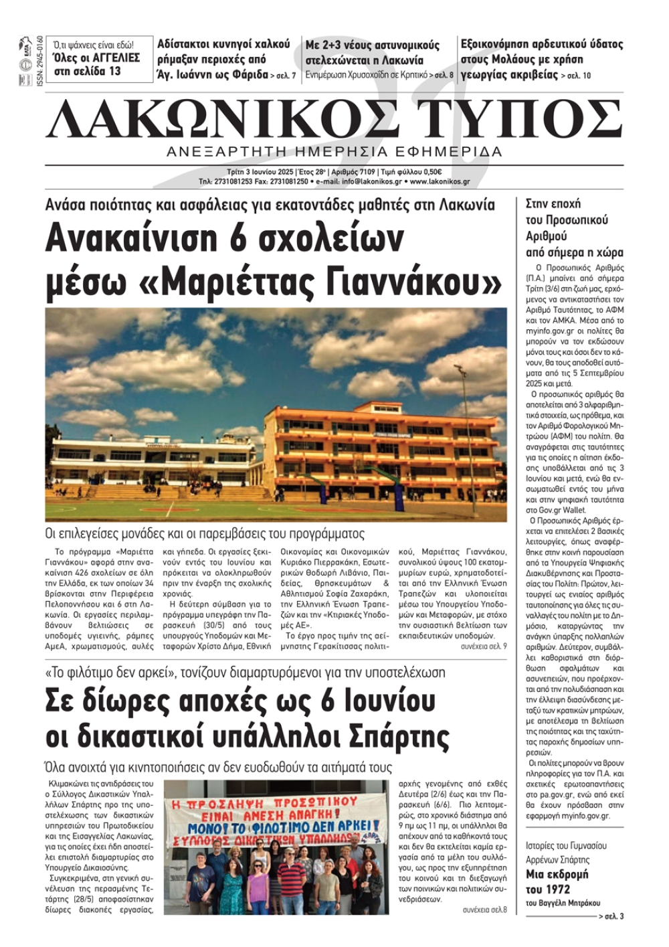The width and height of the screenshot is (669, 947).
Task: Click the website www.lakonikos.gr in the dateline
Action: tap(440, 181)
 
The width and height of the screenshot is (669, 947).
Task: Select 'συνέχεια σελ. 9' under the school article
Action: tap(483, 647)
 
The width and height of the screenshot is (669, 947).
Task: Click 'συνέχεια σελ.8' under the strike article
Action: tap(484, 910)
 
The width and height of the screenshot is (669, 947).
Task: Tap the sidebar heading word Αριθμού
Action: tap(546, 236)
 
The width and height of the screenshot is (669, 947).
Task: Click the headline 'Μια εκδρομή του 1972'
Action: tap(557, 881)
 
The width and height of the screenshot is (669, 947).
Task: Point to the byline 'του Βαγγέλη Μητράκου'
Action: tap(563, 903)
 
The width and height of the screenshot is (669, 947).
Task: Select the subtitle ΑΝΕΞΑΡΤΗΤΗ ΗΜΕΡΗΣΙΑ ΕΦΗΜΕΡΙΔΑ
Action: tap(334, 151)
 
